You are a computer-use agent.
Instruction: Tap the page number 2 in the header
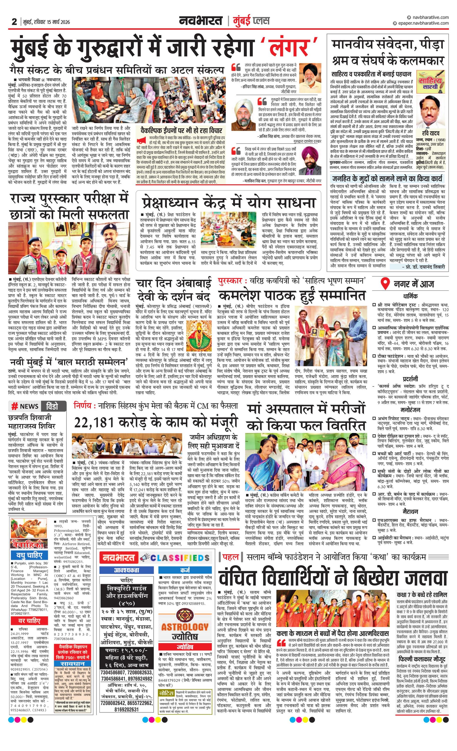(x=14, y=22)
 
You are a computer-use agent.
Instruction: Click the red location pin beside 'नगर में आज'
(x=386, y=284)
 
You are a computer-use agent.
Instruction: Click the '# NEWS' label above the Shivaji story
(x=25, y=406)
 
